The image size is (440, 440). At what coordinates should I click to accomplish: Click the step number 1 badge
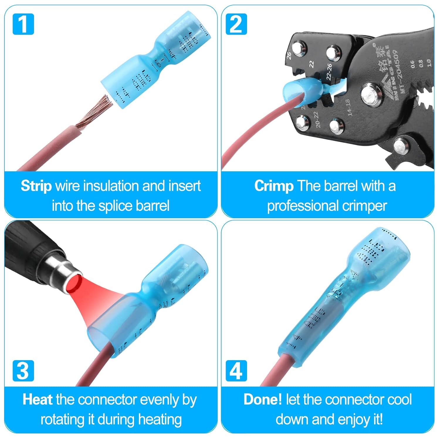pos(23,24)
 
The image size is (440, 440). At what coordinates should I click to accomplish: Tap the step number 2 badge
pos(236,24)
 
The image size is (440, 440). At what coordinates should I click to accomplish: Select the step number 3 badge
pos(23,371)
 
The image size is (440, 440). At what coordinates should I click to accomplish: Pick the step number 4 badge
pos(236,371)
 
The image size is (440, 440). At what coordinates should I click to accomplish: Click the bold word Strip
pos(36,186)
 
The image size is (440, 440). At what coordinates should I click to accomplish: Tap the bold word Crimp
pos(274,186)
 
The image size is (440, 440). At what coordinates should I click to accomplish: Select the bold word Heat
pos(38,400)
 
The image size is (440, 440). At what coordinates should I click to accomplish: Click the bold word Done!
pos(263,400)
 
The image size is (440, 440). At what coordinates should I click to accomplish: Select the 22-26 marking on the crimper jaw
pos(329,72)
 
